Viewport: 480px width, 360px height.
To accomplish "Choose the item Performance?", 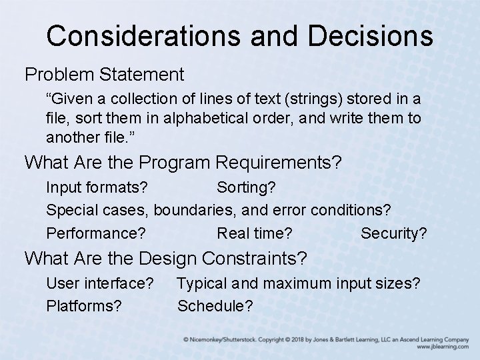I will pos(97,234).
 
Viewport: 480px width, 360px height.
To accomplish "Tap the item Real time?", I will pos(255,234).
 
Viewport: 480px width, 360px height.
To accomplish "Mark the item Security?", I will pos(393,234).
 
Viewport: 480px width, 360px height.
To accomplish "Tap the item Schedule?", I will pos(215,306).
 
